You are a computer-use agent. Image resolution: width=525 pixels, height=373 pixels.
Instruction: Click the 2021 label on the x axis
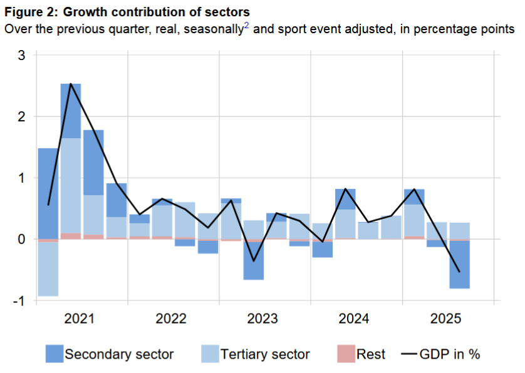coord(80,319)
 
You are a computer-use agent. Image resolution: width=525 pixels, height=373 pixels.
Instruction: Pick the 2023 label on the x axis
coord(263,319)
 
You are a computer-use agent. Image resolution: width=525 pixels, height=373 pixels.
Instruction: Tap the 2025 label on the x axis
coord(446,319)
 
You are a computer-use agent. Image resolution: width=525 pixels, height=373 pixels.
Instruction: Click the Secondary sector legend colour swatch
coord(54,354)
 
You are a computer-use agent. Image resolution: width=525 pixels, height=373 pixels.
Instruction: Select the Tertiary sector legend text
coord(265,354)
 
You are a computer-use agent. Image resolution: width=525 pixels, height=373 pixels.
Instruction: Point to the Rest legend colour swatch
coord(346,354)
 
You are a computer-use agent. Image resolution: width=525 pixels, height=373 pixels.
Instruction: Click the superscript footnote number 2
coord(246,26)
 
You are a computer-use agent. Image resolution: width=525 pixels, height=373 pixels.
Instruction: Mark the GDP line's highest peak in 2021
coord(71,84)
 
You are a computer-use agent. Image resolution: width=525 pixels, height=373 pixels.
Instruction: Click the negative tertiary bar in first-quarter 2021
coord(48,268)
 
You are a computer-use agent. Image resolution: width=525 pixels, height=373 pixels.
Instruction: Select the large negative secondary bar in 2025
coord(460,265)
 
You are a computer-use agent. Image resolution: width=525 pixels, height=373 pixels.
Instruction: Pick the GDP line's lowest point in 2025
coord(460,272)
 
